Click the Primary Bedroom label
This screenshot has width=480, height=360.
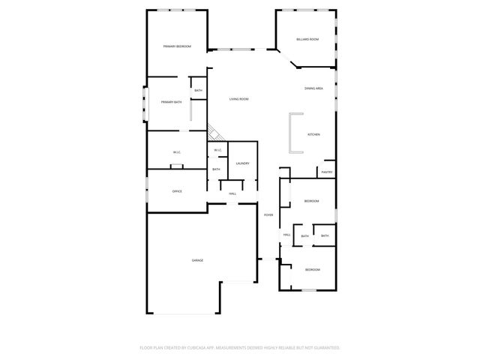coord(177,46)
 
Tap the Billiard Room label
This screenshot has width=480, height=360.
coord(307,39)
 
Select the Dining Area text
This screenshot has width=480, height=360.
coord(313,88)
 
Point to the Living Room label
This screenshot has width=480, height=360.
coord(238,99)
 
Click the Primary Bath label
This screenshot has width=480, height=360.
coord(171,102)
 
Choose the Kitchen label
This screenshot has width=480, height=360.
coord(313,134)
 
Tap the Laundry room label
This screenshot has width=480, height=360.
coord(242,163)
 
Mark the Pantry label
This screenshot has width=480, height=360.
coord(327,172)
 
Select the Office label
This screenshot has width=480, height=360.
coord(177,191)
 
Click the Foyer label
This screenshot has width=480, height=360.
coord(268,215)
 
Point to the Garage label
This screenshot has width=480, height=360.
coord(197,259)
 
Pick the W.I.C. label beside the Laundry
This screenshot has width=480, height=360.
coord(217,150)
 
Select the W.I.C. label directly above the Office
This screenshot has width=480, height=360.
coord(177,153)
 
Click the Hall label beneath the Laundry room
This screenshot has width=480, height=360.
coord(232,193)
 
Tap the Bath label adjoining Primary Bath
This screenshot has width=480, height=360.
coord(198,91)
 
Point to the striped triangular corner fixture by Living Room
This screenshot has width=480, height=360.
coord(214,133)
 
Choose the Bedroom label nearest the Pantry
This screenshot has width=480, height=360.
coord(311,201)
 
